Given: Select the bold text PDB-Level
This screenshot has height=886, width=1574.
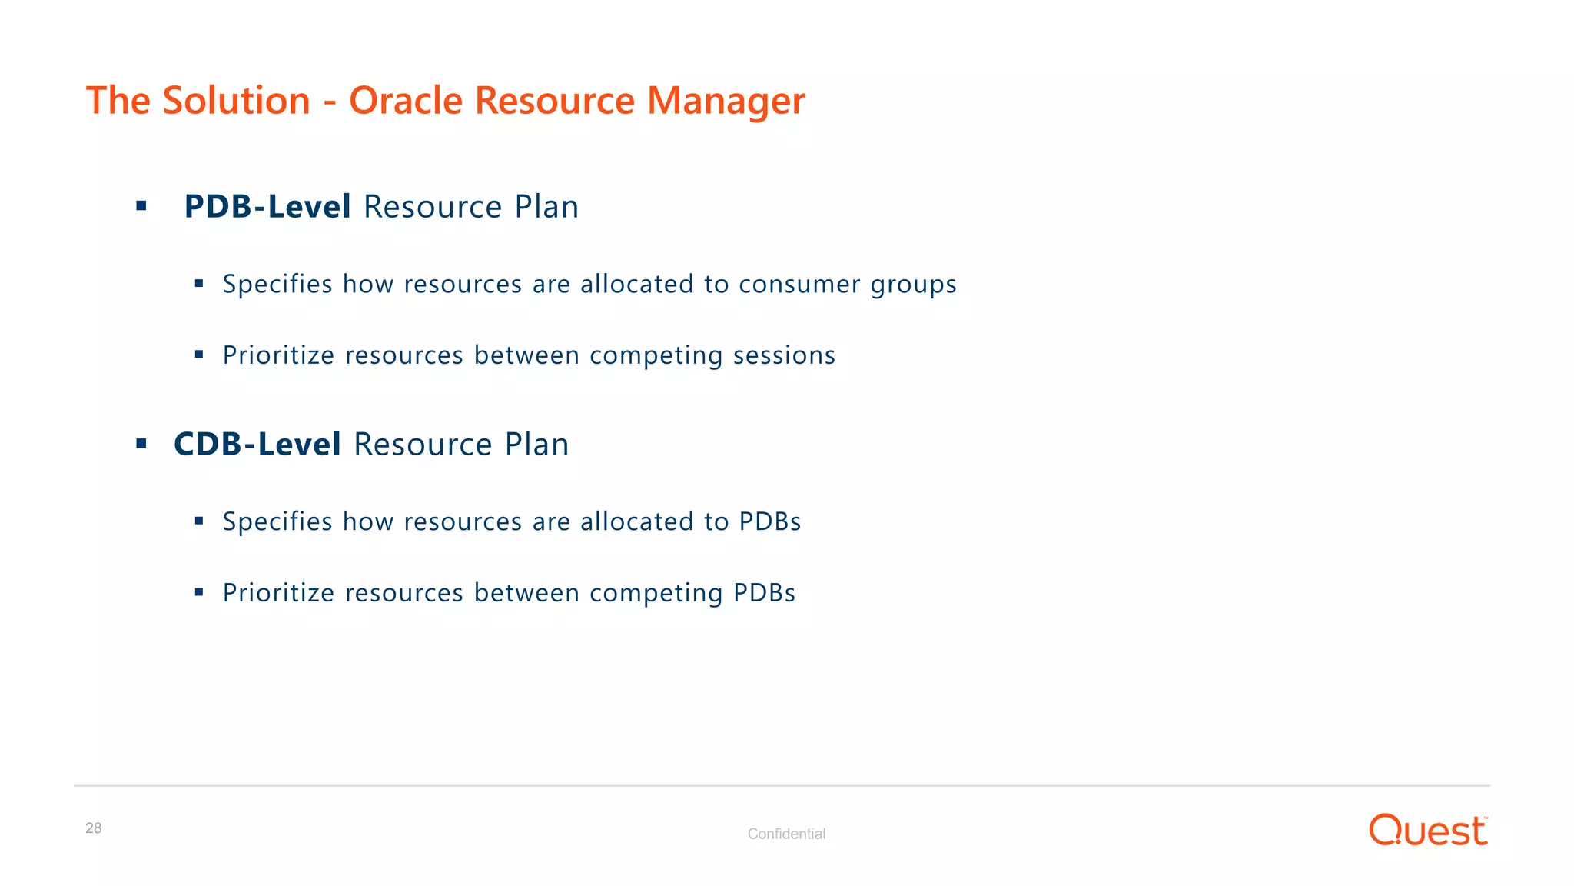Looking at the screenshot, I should pos(267,207).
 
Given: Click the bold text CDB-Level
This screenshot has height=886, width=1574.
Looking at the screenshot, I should pos(257,445).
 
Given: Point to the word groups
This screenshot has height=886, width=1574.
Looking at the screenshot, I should pos(913,285).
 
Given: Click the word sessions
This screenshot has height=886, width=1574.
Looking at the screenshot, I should pos(784,355).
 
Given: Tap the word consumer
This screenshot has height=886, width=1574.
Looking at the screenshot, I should pos(799,285).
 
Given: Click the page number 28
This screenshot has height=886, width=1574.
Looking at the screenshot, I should pos(93,828).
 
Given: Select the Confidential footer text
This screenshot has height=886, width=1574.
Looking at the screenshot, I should pos(786,834).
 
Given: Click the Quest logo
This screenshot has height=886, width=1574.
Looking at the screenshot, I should pos(1428,831).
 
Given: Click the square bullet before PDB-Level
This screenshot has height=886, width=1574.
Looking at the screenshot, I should pos(141,206).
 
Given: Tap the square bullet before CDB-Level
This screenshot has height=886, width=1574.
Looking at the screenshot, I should pos(141,444).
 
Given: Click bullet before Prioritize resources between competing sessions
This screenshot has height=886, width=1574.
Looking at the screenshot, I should pos(199,355).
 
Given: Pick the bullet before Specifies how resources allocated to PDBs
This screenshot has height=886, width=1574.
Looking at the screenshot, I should pos(199,521).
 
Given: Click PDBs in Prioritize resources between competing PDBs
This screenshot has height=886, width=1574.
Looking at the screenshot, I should pos(764,593).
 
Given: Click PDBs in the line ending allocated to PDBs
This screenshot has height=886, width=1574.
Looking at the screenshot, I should pos(769,521).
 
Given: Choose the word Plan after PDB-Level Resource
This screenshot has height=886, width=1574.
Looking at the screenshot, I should pos(546,207).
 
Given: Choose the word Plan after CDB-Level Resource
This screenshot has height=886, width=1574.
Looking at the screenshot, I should pos(536,445).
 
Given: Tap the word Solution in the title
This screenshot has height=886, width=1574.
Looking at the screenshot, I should pos(236,101).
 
